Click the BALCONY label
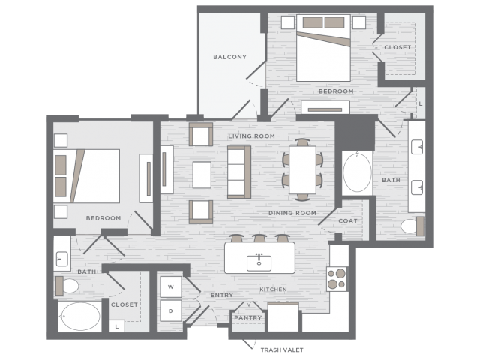230,57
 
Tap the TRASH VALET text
282,349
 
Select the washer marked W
171,286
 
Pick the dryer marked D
171,310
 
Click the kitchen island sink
259,262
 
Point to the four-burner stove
337,279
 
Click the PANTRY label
248,318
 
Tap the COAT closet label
348,221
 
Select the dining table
302,170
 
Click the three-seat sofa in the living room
239,172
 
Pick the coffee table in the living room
202,175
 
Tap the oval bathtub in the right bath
357,172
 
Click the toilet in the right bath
412,226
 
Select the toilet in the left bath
67,286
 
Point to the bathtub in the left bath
80,316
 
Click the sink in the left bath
62,259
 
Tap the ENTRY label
222,295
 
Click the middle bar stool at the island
259,238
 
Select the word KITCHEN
273,289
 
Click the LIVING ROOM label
252,136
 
